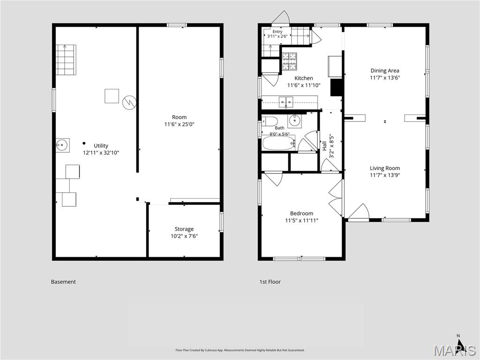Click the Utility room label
(x=101, y=146)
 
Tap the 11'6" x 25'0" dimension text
(x=180, y=124)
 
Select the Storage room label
(x=184, y=229)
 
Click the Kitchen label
(x=304, y=78)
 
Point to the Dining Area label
(x=385, y=71)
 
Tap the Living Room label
(x=385, y=168)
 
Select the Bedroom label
(x=301, y=213)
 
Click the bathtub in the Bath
(x=278, y=143)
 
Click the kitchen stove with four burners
(x=289, y=61)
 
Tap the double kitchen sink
(x=286, y=102)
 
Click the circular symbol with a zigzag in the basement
(x=129, y=102)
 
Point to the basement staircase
(x=66, y=60)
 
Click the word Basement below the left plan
(x=63, y=282)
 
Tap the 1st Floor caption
(x=270, y=282)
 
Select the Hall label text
(x=324, y=146)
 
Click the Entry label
(x=277, y=31)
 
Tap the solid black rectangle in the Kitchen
(x=336, y=88)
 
